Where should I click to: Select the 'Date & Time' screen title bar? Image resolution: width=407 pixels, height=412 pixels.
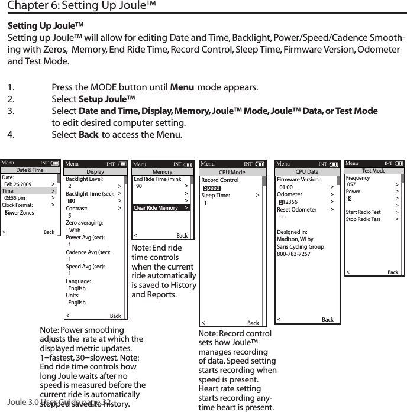(x=30, y=170)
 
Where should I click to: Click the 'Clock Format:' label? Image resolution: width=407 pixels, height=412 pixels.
(x=17, y=205)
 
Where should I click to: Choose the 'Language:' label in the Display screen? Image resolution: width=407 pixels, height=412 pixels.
(x=78, y=281)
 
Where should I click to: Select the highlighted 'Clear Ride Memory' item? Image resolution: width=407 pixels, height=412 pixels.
(x=156, y=208)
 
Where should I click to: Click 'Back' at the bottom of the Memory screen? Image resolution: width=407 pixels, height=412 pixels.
(x=182, y=236)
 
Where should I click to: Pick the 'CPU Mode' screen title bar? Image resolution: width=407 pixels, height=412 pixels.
(x=231, y=173)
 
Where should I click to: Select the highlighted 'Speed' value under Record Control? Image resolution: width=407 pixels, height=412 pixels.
(x=211, y=188)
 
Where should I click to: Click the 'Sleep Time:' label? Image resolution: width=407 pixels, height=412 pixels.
(x=215, y=196)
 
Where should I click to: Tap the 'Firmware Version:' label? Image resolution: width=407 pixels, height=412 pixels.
(x=298, y=180)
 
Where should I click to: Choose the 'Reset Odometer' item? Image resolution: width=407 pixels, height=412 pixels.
(x=296, y=210)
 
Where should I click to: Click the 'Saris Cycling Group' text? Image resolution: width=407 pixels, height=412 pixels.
(x=300, y=246)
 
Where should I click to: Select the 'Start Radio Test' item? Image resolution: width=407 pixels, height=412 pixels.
(x=363, y=212)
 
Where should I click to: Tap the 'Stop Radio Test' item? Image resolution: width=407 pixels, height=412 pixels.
(x=363, y=219)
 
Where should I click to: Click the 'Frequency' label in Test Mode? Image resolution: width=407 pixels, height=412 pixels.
(x=357, y=178)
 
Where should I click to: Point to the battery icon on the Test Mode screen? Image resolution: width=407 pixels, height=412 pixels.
(x=399, y=163)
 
